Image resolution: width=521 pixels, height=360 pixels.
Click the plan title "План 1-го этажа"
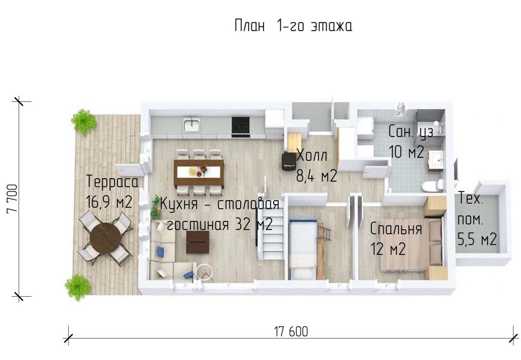click(293, 25)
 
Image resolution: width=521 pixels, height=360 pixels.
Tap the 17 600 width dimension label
click(291, 331)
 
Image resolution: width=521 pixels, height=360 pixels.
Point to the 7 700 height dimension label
click(12, 199)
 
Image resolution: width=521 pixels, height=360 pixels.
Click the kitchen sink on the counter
click(191, 125)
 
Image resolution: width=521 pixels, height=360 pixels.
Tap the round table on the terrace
click(105, 237)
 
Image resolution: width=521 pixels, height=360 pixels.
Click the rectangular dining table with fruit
click(199, 172)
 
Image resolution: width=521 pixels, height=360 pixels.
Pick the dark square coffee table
click(198, 242)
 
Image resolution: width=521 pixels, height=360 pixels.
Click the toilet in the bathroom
click(433, 185)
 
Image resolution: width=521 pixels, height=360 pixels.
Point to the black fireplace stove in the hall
click(289, 161)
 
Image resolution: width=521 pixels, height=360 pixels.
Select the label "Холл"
click(312, 156)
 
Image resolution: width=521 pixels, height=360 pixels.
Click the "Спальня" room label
click(396, 229)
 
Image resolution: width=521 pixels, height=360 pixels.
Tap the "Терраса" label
click(112, 182)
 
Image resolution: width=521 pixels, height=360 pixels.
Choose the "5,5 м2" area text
click(477, 239)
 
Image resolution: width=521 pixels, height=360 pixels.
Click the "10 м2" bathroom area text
click(407, 152)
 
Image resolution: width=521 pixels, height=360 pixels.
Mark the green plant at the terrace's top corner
click(84, 122)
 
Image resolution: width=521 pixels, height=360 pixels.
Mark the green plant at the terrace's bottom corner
click(78, 287)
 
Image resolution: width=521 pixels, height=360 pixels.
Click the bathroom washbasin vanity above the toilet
click(436, 161)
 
